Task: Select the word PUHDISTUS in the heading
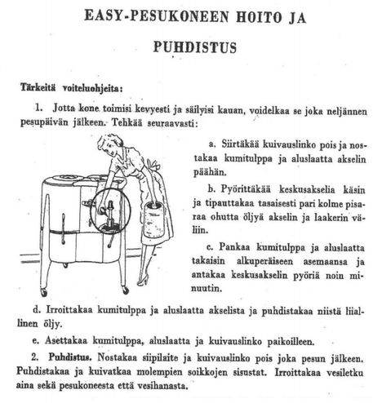click(x=194, y=46)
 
